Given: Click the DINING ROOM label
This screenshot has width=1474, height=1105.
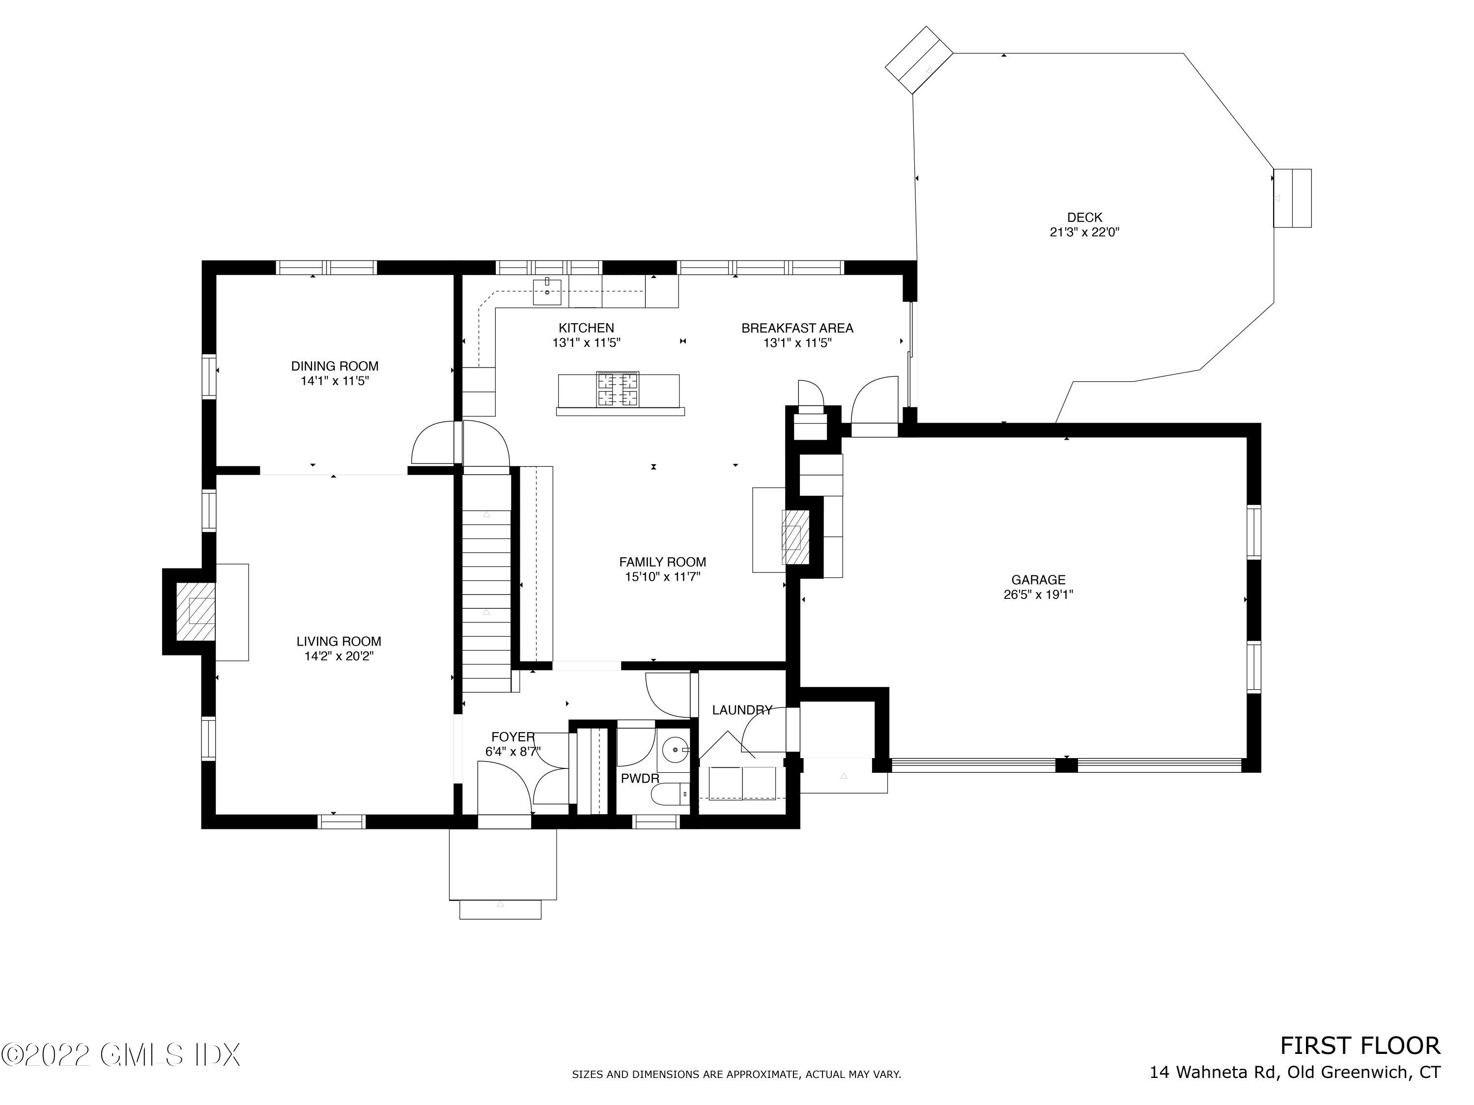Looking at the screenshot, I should coord(335,366).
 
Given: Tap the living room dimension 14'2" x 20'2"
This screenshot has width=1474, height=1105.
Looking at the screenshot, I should coord(339,656).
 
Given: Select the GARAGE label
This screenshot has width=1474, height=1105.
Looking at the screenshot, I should coord(1038,580).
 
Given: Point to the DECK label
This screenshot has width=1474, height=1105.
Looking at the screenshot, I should coord(1084,217).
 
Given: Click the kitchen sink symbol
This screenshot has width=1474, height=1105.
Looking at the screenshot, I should coord(546,292).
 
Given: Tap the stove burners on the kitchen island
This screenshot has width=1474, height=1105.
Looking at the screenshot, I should coord(617,389).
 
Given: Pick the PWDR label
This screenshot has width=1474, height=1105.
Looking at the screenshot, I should coord(640,778).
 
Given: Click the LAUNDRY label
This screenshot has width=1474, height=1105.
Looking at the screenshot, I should coord(741,710).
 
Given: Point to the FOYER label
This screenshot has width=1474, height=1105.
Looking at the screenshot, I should coord(512,737).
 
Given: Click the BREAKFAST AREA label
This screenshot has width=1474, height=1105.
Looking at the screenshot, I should coord(797,328).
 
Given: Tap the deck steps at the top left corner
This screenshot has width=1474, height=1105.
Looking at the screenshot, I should coord(918,60).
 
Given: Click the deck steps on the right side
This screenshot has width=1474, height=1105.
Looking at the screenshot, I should coord(1292,198).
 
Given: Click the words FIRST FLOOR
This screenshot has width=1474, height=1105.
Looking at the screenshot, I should coord(1360,1046).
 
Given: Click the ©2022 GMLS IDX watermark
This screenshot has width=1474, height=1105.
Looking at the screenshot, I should coord(120,1055).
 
